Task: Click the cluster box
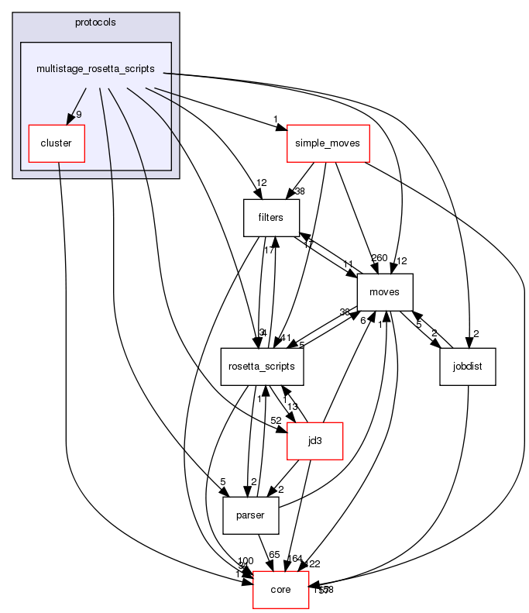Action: (56, 143)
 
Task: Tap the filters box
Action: (271, 218)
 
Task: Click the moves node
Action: (384, 293)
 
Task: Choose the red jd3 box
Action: (314, 440)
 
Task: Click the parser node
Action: (250, 515)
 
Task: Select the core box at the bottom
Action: (281, 589)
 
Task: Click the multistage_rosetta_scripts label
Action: (96, 69)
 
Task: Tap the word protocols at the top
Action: (96, 22)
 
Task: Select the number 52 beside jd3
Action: (277, 421)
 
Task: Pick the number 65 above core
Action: (274, 555)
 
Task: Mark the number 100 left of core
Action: (246, 560)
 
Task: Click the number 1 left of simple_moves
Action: (275, 119)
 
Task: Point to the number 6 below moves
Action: (362, 319)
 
